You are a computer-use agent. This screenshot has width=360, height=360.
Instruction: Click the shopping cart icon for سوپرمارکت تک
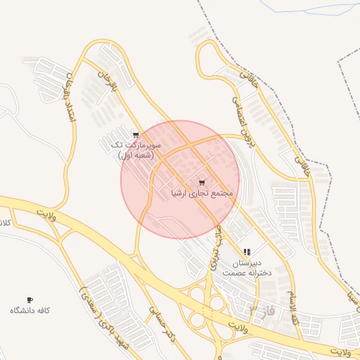pyautogui.click(x=136, y=134)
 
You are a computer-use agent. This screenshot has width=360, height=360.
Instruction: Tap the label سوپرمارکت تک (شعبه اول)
pyautogui.click(x=136, y=150)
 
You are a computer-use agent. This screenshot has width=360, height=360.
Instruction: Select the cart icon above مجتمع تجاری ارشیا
pyautogui.click(x=202, y=182)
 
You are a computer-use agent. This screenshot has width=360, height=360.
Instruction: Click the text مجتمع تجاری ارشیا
pyautogui.click(x=202, y=192)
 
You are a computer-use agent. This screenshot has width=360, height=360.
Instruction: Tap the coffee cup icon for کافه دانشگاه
pyautogui.click(x=30, y=300)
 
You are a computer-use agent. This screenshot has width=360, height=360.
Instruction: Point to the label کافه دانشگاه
pyautogui.click(x=30, y=311)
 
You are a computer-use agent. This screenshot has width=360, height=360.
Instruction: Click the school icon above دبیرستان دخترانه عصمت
pyautogui.click(x=246, y=252)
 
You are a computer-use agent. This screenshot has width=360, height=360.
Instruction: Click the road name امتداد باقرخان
pyautogui.click(x=70, y=98)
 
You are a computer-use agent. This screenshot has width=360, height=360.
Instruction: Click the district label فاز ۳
pyautogui.click(x=263, y=309)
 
